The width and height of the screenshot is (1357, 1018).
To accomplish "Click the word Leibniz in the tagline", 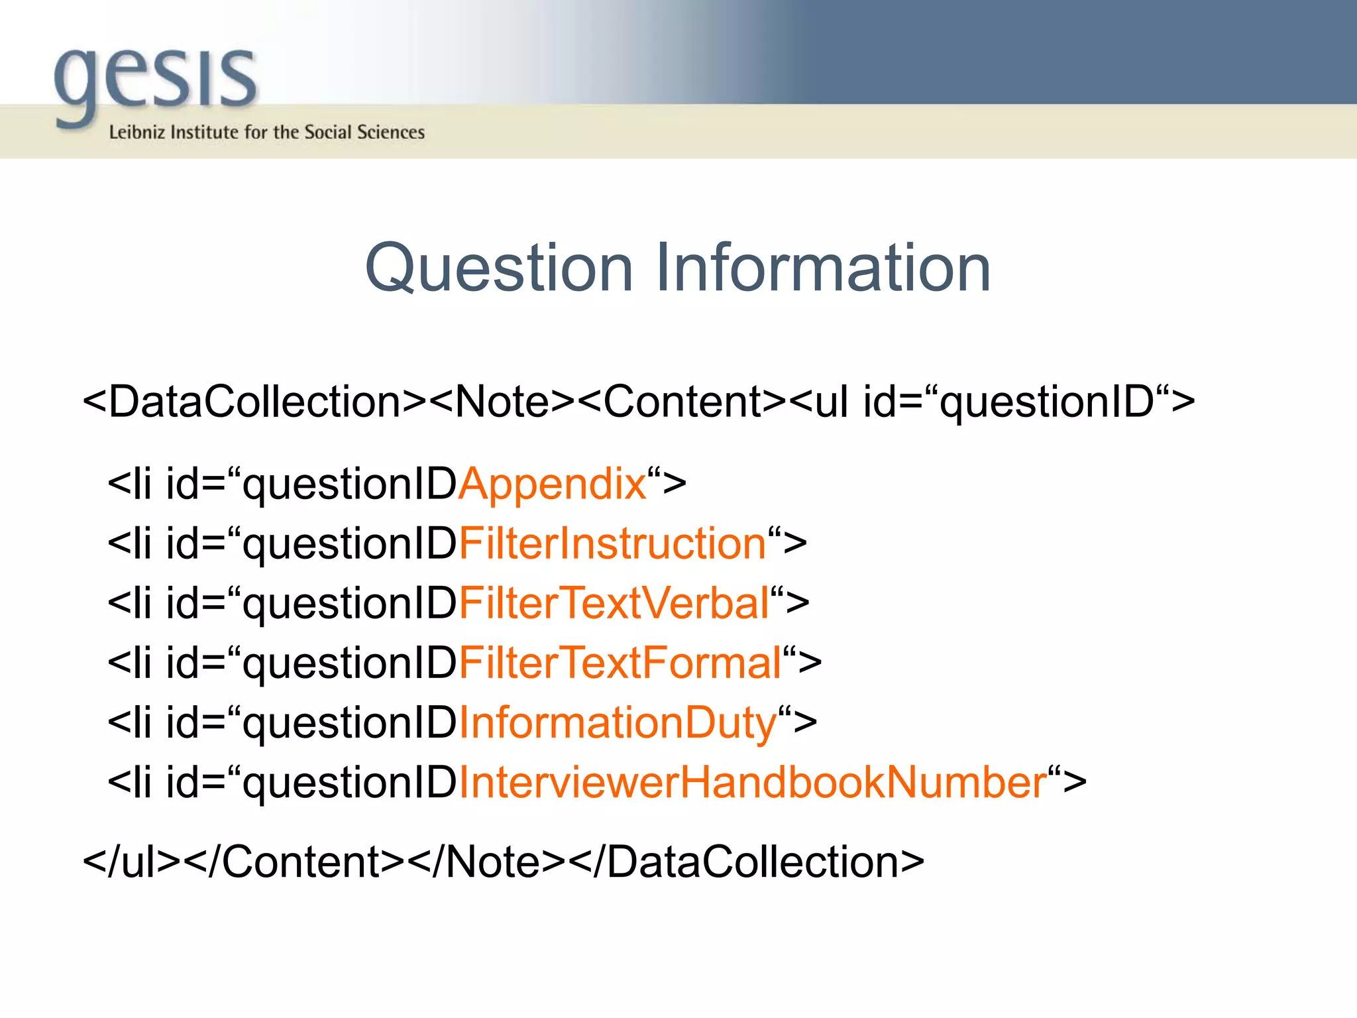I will click(x=136, y=133).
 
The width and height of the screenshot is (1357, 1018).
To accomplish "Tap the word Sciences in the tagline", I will click(x=391, y=133).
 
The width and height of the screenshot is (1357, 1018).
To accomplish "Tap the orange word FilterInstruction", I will click(x=613, y=544).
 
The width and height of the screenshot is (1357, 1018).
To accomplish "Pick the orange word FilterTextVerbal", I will click(x=614, y=604).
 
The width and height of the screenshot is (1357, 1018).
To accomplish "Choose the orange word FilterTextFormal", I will click(x=620, y=663).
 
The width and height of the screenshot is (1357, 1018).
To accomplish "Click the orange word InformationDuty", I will click(x=618, y=723).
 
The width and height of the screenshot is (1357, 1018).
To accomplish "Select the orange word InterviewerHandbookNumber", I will click(x=753, y=783).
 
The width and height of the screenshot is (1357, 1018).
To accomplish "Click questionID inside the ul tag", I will click(x=1047, y=402).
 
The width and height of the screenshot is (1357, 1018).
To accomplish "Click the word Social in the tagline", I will click(x=329, y=133).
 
